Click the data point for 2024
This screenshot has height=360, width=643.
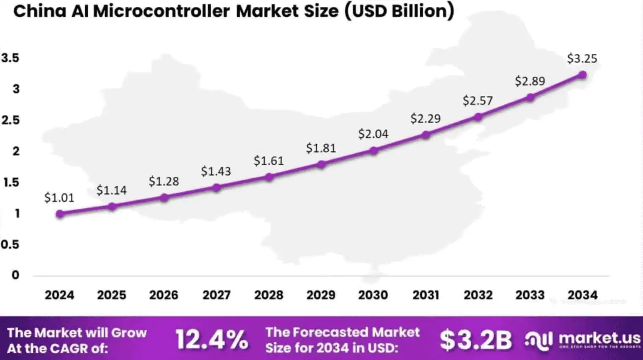coord(60,214)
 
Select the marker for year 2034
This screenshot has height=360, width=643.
coord(582,75)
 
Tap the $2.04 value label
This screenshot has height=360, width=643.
coord(373,134)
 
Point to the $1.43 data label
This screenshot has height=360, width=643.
coord(216,171)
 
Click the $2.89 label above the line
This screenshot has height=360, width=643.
coord(530,81)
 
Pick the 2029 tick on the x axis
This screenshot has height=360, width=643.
coord(321,295)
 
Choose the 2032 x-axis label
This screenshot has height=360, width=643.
coord(478,295)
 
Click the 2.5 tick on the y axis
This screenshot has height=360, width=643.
coord(11,120)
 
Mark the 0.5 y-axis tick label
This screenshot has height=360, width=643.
coord(10,244)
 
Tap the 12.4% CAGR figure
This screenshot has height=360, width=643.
coord(212,340)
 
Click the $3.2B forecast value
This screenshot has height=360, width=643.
coord(476,340)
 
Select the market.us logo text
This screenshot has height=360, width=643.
coord(599,338)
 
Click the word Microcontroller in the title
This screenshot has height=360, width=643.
coord(161,11)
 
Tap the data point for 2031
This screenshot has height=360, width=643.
coord(426,135)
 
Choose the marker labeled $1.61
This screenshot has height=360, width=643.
coord(269,177)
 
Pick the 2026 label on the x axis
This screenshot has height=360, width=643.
coord(164,295)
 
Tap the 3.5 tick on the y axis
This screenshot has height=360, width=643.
coord(11,58)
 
